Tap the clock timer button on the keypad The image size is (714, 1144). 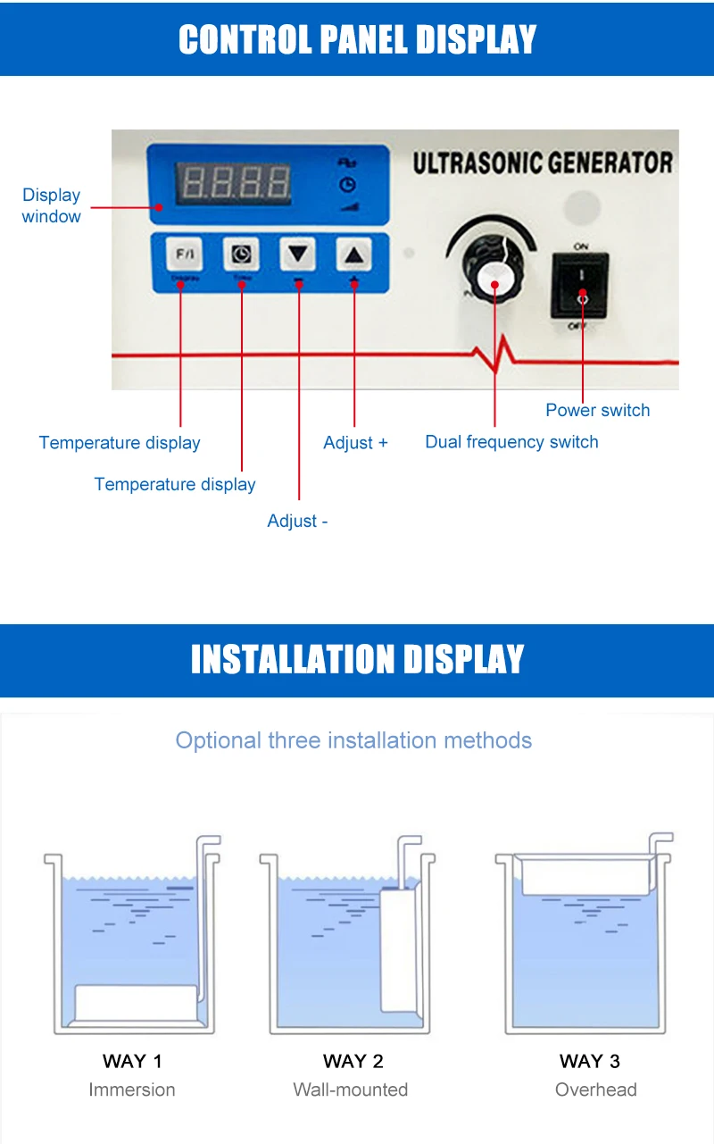[x=241, y=255]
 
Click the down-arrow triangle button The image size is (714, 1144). [x=298, y=255]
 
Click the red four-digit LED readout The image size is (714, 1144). [x=237, y=183]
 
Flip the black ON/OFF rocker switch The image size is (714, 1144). [x=580, y=284]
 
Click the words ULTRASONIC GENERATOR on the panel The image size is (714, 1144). [x=542, y=163]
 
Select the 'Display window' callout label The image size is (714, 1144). [x=51, y=205]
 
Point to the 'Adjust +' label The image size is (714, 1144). [x=355, y=443]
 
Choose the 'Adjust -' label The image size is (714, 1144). [x=297, y=521]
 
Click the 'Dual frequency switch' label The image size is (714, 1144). [x=511, y=442]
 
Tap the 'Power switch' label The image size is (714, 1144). [x=597, y=410]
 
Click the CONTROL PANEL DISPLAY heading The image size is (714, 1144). [x=357, y=39]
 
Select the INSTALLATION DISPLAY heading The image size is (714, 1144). [x=357, y=660]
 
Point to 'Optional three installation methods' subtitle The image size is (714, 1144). [x=353, y=740]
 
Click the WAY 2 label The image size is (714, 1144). [x=353, y=1061]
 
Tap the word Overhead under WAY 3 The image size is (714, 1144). [x=595, y=1090]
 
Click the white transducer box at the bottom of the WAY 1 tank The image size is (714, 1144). [x=136, y=1003]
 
